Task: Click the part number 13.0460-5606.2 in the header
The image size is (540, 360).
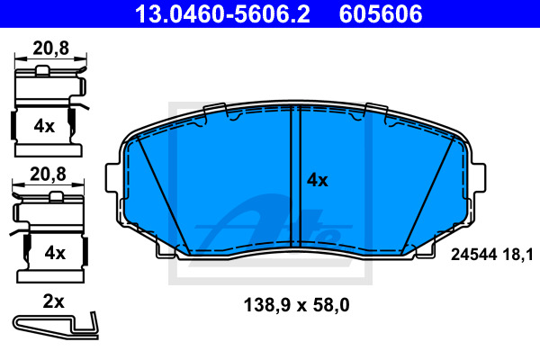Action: pyautogui.click(x=222, y=14)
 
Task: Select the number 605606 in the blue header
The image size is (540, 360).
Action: pyautogui.click(x=381, y=14)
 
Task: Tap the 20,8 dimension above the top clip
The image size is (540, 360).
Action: pyautogui.click(x=51, y=49)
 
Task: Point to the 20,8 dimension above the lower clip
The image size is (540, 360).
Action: pyautogui.click(x=48, y=175)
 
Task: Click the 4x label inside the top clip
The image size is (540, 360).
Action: pyautogui.click(x=44, y=126)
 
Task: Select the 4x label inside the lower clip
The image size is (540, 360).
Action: pyautogui.click(x=55, y=253)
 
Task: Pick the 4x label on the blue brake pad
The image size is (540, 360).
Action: pyautogui.click(x=318, y=180)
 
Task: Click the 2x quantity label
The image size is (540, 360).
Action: pyautogui.click(x=53, y=301)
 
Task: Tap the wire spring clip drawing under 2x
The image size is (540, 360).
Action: pyautogui.click(x=56, y=326)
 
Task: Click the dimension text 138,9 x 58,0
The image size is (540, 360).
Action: pyautogui.click(x=296, y=305)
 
